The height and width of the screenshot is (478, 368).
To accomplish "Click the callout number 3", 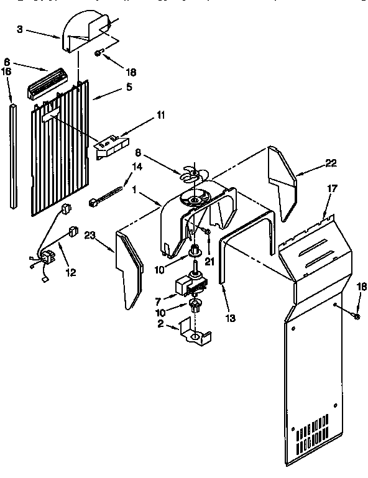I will click(20, 30).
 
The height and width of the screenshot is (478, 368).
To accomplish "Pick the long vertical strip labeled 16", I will click(13, 155).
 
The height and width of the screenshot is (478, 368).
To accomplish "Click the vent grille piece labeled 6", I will click(46, 83).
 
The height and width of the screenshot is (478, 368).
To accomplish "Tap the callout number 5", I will click(128, 87).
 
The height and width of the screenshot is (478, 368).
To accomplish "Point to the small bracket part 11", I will click(111, 145).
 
